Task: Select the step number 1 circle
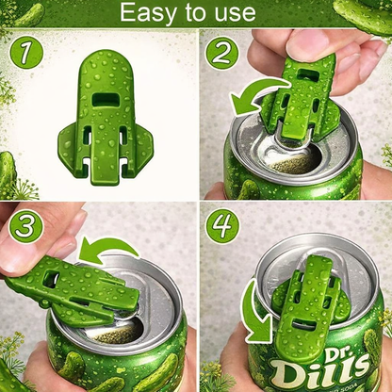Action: click(28, 54)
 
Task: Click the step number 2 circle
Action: click(223, 53)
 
